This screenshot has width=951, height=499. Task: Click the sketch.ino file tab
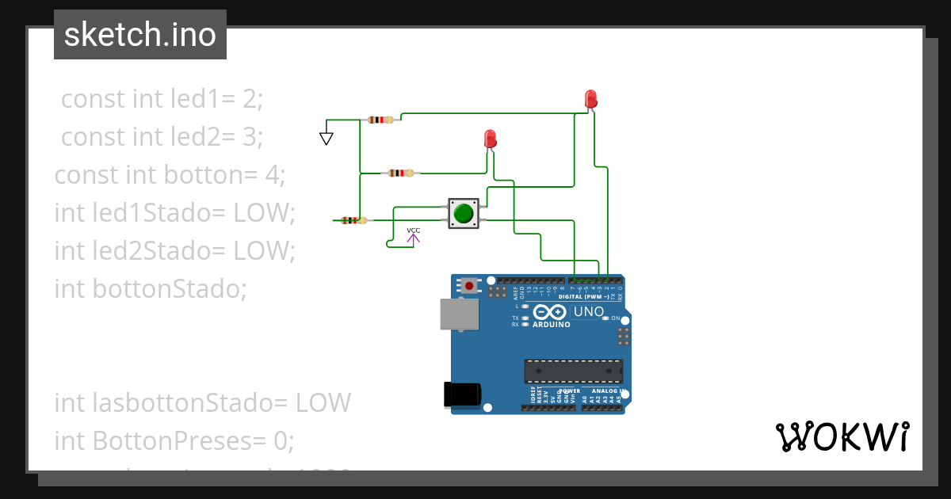coord(140,35)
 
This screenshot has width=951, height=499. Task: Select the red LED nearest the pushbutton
coord(490,139)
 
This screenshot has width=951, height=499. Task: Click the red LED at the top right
coord(590,99)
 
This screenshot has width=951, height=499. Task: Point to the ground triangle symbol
coord(326,138)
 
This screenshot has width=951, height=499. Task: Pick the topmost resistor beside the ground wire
coord(380,120)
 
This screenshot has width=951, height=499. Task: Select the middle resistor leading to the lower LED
coord(400,173)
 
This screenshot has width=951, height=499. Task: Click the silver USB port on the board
coord(460,314)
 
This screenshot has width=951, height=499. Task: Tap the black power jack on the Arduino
coord(463,394)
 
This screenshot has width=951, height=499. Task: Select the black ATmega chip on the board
coord(573,371)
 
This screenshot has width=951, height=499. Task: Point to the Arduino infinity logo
coord(548,312)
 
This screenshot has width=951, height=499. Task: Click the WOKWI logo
coord(842,436)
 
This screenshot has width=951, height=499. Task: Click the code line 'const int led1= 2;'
coord(162,99)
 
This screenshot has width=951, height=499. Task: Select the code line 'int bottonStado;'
coord(151,288)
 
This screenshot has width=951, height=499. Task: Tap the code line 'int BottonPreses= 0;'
coord(174,440)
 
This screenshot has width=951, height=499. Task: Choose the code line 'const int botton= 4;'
coord(169,174)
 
